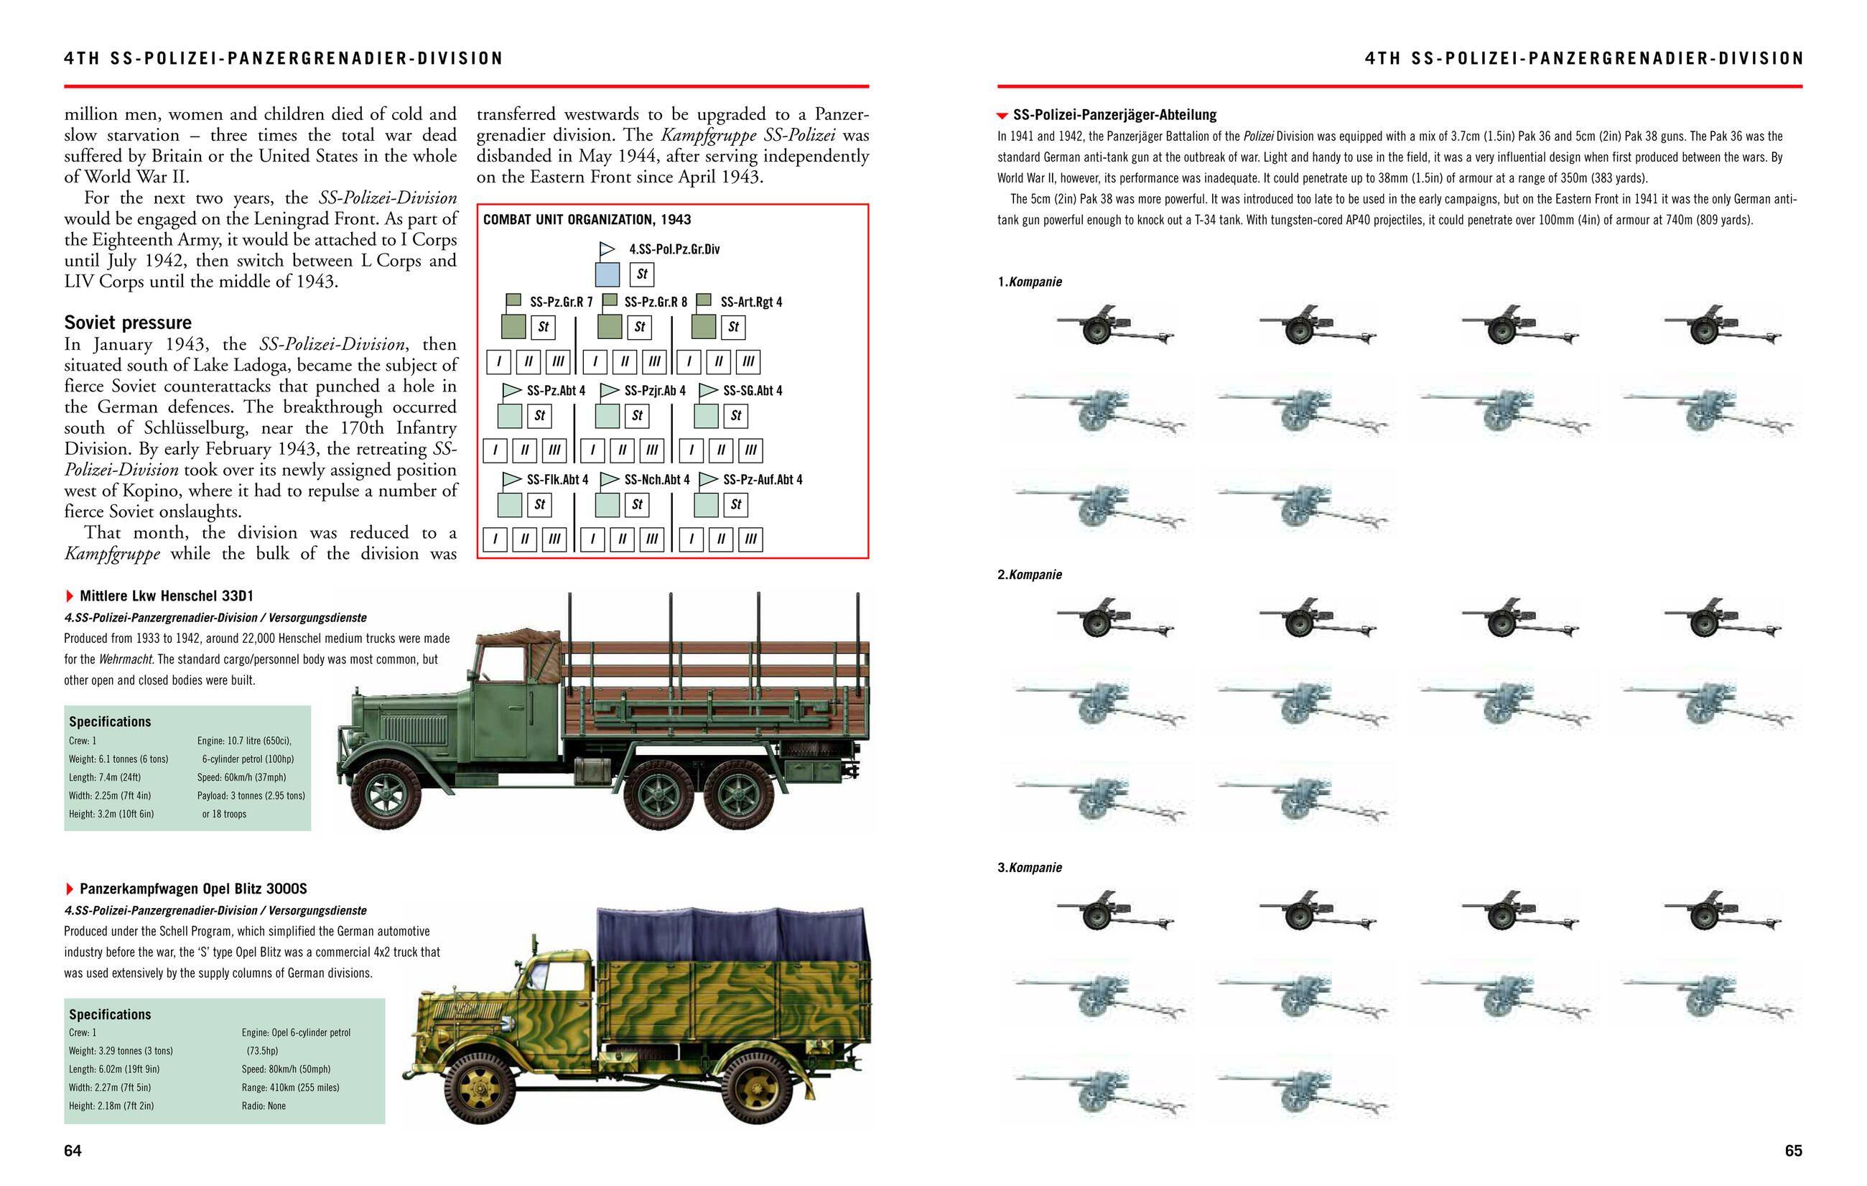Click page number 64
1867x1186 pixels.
click(x=72, y=1150)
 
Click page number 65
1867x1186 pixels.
click(x=1793, y=1150)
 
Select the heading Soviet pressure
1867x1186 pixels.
click(x=127, y=323)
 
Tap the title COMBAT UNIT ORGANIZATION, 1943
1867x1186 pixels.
click(x=587, y=220)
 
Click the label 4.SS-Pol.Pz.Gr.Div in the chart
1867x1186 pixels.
click(x=674, y=249)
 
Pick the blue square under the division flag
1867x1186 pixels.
click(x=607, y=274)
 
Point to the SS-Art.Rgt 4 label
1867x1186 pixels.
click(x=750, y=302)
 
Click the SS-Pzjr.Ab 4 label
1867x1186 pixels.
click(x=654, y=390)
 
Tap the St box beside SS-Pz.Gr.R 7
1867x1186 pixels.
click(x=544, y=328)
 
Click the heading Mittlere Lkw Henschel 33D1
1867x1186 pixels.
click(x=166, y=596)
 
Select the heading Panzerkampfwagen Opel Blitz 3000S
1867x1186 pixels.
click(x=193, y=888)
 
